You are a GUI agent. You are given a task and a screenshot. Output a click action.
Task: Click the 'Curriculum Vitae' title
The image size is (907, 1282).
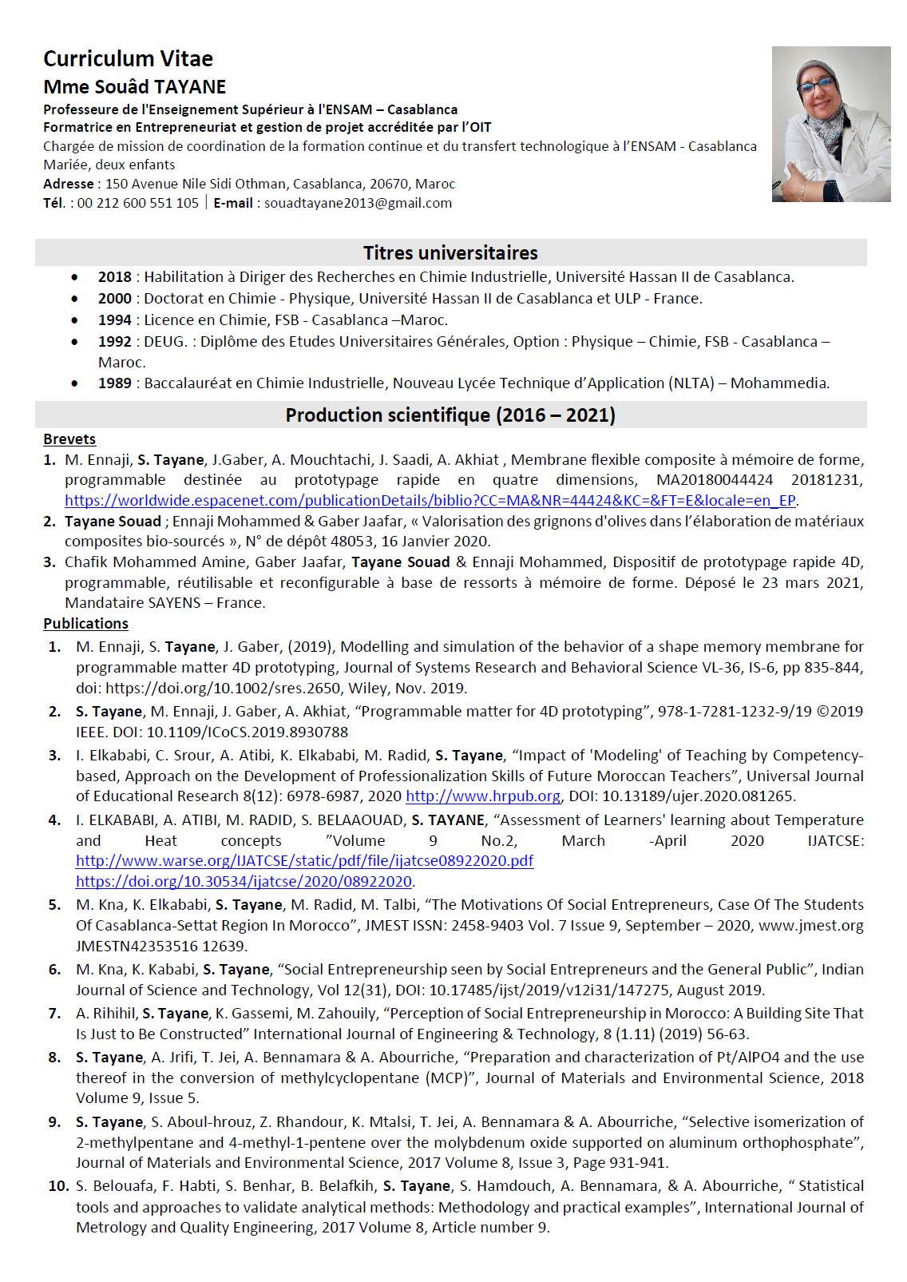pyautogui.click(x=128, y=59)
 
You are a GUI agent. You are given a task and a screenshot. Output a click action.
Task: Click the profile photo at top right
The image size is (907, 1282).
pyautogui.click(x=830, y=124)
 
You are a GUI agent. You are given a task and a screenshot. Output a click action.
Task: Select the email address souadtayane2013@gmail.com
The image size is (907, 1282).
pyautogui.click(x=358, y=203)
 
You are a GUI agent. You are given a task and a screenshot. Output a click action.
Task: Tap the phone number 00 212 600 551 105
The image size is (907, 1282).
pyautogui.click(x=137, y=203)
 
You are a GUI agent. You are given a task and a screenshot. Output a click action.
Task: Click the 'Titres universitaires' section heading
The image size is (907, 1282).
pyautogui.click(x=450, y=253)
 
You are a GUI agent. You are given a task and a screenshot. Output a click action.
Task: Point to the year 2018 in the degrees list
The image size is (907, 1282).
pyautogui.click(x=114, y=277)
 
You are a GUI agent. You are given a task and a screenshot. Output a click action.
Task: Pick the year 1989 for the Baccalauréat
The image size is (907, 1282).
pyautogui.click(x=114, y=383)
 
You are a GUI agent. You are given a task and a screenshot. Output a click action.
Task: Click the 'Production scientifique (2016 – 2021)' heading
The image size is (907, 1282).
pyautogui.click(x=450, y=415)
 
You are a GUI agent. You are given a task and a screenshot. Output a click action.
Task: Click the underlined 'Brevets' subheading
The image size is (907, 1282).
pyautogui.click(x=69, y=439)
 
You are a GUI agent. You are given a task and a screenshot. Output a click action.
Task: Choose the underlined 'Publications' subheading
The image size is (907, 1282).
pyautogui.click(x=85, y=624)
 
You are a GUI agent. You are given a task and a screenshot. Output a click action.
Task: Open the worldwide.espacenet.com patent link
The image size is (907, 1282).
pyautogui.click(x=430, y=501)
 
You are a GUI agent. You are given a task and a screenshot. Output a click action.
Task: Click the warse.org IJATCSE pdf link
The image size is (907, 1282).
pyautogui.click(x=304, y=861)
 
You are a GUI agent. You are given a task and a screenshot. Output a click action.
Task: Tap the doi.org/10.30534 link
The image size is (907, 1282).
pyautogui.click(x=244, y=882)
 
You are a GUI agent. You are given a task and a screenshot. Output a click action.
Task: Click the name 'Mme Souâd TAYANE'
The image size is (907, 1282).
pyautogui.click(x=134, y=87)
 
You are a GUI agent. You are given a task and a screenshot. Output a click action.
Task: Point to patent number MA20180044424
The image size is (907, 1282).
pyautogui.click(x=715, y=480)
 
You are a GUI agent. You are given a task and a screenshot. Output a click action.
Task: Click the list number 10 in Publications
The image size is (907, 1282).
pyautogui.click(x=59, y=1186)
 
